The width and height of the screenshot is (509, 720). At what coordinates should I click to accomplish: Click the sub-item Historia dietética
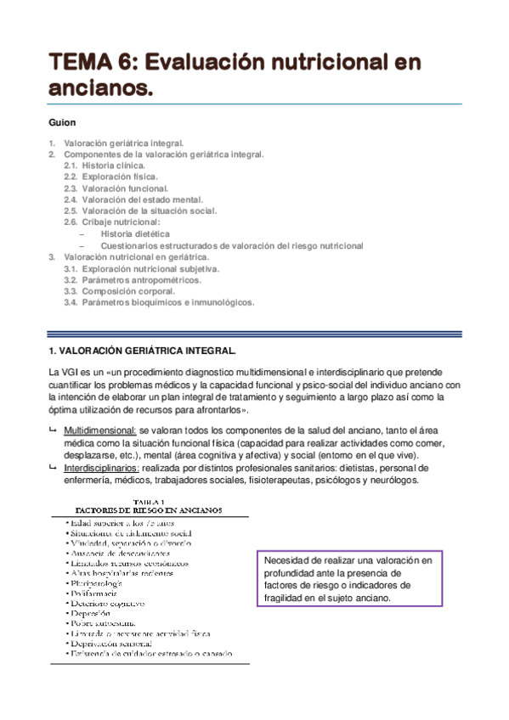[135, 233]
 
